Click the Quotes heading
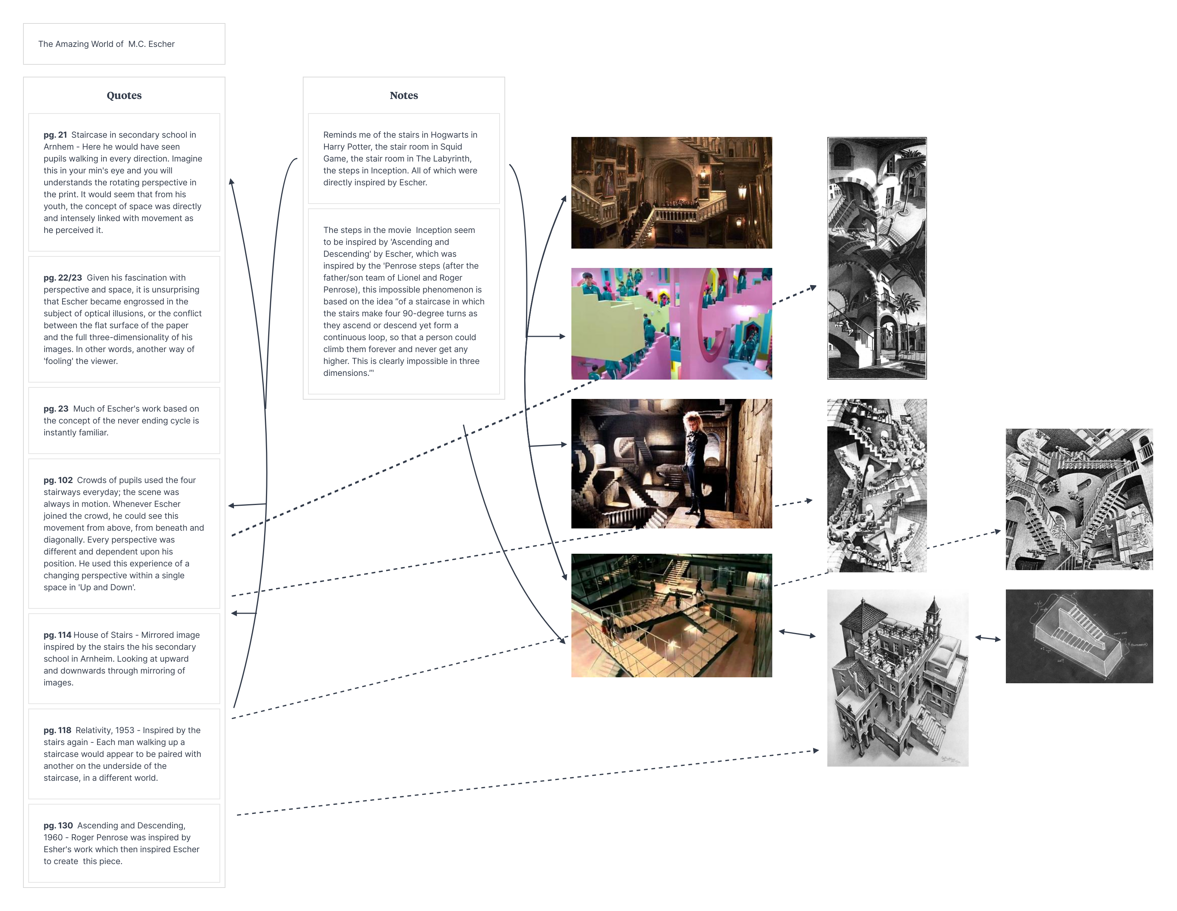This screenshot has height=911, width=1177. pos(124,95)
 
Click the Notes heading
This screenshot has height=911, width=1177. pos(404,95)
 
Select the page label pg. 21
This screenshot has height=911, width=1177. pos(55,135)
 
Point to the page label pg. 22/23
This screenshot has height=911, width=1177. pos(62,278)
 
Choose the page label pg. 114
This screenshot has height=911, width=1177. pos(57,635)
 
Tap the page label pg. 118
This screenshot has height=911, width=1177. pos(57,731)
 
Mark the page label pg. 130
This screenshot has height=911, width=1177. pos(58,826)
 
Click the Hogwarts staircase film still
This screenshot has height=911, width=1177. pos(671,192)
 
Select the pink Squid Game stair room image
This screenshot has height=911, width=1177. pos(671,323)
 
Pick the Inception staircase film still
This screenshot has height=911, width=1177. pos(671,615)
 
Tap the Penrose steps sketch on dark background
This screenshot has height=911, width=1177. pos(1079,636)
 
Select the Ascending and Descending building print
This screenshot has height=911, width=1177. pos(898,678)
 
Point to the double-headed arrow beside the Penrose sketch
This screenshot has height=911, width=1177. pos(988,638)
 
